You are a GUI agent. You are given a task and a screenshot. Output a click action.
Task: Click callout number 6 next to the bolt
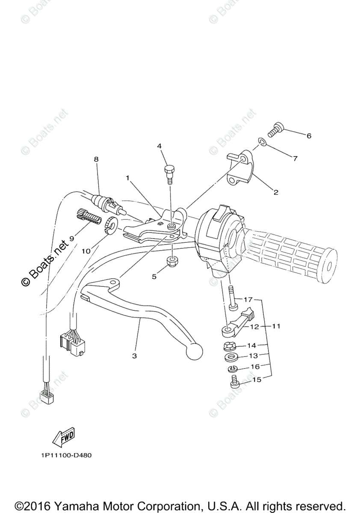(x=308, y=136)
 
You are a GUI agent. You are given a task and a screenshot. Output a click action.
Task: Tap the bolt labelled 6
(x=274, y=129)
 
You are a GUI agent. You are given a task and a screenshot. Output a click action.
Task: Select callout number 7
(x=295, y=158)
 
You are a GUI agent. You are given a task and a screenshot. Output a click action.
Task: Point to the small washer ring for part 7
(x=263, y=142)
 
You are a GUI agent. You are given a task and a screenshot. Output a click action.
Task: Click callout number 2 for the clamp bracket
(x=276, y=192)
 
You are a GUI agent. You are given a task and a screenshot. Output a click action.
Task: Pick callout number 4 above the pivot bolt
(x=159, y=146)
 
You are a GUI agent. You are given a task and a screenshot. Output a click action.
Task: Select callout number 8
(x=96, y=159)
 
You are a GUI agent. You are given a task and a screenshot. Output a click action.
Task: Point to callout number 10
(x=86, y=251)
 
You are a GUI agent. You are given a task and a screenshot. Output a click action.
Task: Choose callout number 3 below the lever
(x=134, y=356)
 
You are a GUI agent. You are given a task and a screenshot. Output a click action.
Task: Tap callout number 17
(x=249, y=299)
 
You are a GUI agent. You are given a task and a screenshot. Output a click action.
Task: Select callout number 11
(x=276, y=326)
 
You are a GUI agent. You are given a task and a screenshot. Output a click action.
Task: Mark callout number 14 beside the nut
(x=251, y=345)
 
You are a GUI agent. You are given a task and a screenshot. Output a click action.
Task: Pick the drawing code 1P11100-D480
(x=63, y=455)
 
